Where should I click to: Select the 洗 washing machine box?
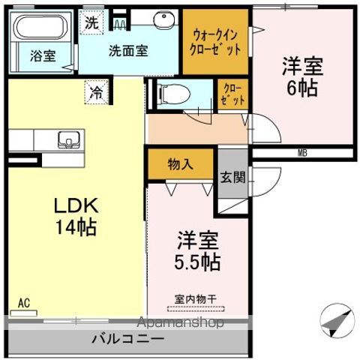91,22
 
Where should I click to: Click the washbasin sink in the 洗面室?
163,21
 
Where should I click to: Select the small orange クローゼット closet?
232,95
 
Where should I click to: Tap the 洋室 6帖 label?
302,75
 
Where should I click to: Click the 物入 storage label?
180,163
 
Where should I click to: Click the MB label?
302,153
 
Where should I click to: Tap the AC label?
24,303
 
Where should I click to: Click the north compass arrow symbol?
336,322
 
